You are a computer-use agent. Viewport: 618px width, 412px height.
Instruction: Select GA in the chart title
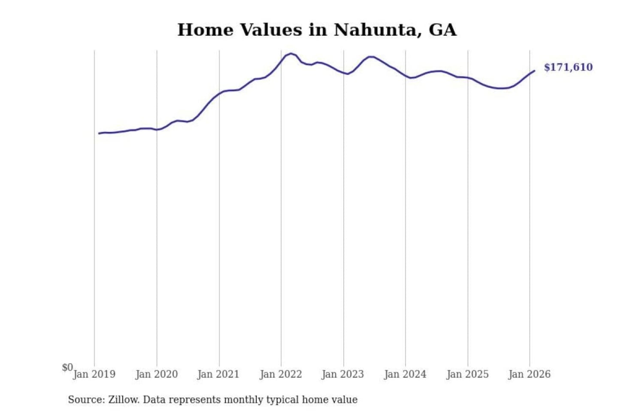442,30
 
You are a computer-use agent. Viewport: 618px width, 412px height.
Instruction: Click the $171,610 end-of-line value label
568,67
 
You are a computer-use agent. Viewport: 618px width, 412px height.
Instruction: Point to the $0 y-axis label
67,367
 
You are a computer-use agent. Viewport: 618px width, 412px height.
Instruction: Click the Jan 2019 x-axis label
94,374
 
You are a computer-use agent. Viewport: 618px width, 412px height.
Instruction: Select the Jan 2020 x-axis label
156,374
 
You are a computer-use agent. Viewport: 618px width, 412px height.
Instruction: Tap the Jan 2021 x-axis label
218,374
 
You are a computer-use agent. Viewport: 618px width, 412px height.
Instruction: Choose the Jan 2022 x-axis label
281,374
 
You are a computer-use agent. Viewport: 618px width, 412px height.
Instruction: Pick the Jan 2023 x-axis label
342,374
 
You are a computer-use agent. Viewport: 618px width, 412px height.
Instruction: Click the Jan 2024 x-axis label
405,374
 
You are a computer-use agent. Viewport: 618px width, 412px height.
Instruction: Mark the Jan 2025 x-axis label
467,374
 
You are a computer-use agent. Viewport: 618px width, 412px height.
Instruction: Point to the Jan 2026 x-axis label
529,374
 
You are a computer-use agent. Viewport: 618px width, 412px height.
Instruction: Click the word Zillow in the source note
123,400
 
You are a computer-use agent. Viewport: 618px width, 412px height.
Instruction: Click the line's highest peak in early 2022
291,54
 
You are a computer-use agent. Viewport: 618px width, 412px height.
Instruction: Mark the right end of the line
534,71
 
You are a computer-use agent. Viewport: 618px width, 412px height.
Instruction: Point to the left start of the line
99,133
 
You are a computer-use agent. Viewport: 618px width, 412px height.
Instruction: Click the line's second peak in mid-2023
371,57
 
